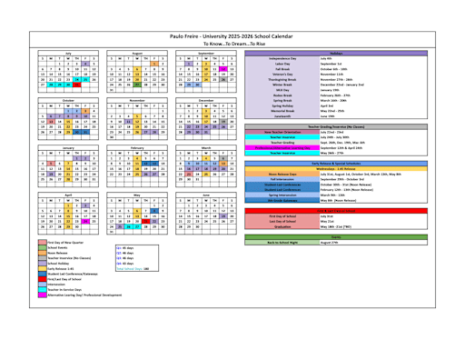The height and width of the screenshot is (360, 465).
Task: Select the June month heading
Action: point(206,194)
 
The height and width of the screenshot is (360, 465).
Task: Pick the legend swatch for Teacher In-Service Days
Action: point(42,287)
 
